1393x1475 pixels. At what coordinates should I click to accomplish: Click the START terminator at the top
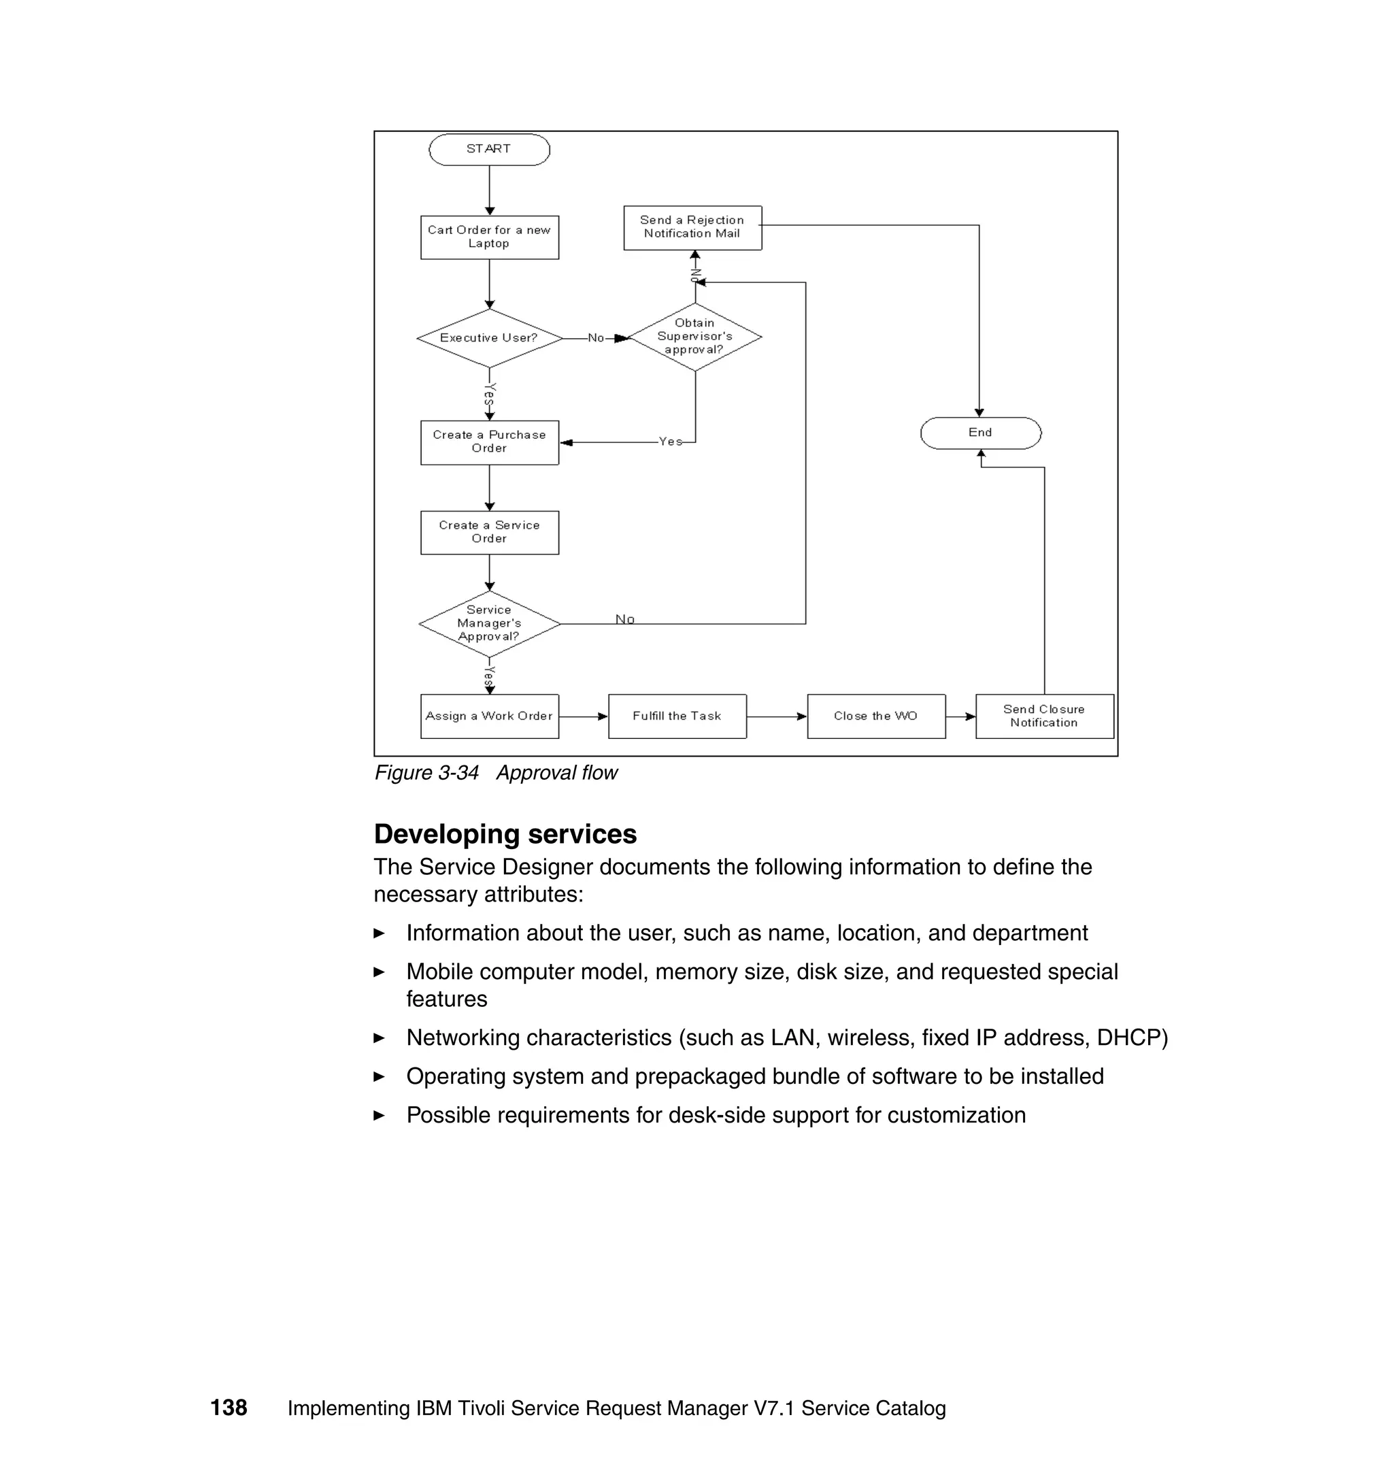click(488, 149)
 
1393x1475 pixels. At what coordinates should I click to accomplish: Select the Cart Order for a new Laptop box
click(488, 237)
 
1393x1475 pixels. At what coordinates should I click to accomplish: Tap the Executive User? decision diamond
click(488, 338)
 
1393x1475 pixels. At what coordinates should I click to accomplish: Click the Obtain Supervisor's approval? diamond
click(694, 337)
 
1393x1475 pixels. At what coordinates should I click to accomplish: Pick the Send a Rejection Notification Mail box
click(692, 227)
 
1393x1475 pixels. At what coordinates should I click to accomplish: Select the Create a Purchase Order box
click(488, 442)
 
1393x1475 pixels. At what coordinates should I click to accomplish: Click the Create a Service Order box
click(488, 532)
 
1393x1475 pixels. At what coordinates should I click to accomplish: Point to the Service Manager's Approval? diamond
click(488, 623)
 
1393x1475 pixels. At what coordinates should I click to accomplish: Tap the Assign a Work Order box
click(488, 716)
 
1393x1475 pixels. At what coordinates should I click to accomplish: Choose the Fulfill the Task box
click(677, 716)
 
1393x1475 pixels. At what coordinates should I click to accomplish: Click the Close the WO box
click(875, 716)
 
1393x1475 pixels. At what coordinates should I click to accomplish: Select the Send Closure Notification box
click(1043, 716)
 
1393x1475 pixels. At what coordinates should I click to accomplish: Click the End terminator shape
click(980, 432)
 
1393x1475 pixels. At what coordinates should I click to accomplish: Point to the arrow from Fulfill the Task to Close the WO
click(776, 716)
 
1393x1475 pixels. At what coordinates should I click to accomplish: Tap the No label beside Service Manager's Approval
click(624, 618)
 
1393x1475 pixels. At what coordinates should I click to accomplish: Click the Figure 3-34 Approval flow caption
click(495, 772)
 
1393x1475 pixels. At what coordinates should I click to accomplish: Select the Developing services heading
click(505, 833)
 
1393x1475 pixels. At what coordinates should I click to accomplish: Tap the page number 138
click(229, 1408)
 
